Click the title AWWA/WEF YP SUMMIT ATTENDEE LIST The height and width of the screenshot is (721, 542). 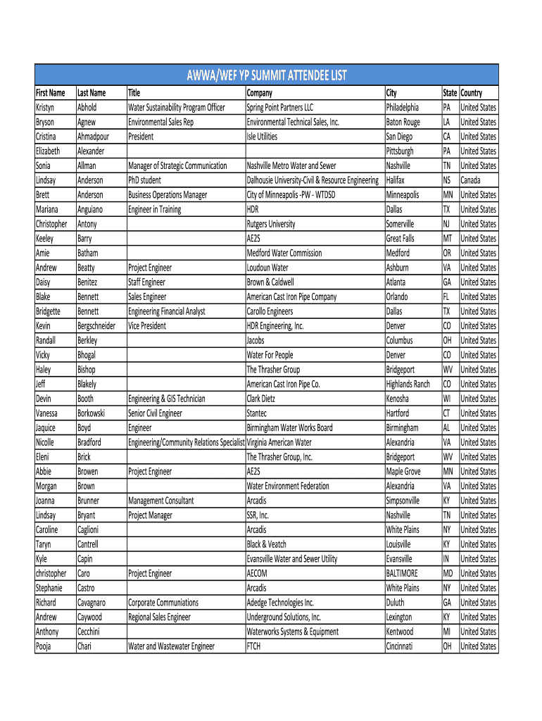267,75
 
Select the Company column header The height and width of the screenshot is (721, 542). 259,93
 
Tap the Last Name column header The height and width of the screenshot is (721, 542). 92,93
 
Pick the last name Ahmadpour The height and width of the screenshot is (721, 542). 93,137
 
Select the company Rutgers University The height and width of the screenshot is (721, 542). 271,224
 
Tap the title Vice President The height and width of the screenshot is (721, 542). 147,326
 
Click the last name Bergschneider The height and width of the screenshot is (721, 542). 96,326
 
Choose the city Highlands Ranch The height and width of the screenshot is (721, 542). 408,384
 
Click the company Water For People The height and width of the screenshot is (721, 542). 270,355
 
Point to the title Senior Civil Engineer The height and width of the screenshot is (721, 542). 155,413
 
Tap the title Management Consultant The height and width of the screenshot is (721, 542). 160,501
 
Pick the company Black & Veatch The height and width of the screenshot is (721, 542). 266,544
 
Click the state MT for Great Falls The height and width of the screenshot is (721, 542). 447,239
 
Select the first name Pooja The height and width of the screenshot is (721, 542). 45,646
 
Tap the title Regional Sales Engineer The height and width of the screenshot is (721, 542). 159,617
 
